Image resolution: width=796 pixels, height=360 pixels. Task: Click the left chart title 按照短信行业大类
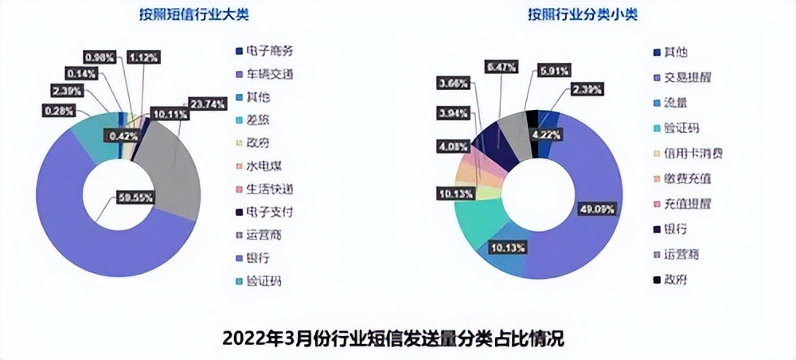tap(173, 14)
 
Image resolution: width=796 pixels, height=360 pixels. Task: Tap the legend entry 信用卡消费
tap(689, 153)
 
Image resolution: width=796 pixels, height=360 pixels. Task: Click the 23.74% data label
tap(205, 103)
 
